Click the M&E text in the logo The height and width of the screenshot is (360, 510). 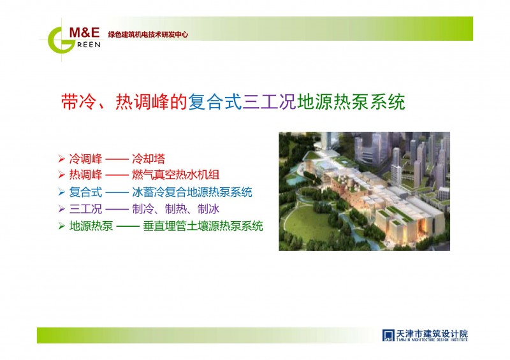pyautogui.click(x=84, y=32)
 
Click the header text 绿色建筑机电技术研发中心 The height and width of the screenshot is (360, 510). pyautogui.click(x=148, y=34)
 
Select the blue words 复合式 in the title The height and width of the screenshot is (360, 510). pyautogui.click(x=215, y=102)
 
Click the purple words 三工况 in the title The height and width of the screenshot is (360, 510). pyautogui.click(x=269, y=102)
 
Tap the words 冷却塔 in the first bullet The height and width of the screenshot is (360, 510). pyautogui.click(x=149, y=159)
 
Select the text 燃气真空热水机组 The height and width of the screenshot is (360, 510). pyautogui.click(x=176, y=175)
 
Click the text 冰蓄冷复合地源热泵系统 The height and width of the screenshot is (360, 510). pyautogui.click(x=192, y=192)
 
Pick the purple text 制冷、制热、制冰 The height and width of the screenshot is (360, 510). pyautogui.click(x=176, y=209)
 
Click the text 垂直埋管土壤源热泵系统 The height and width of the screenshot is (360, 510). pyautogui.click(x=203, y=226)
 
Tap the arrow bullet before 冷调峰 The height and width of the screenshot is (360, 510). pyautogui.click(x=61, y=159)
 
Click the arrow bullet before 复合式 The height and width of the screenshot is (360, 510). pyautogui.click(x=61, y=192)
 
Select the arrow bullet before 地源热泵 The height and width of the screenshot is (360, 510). pyautogui.click(x=61, y=226)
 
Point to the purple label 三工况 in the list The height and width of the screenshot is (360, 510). pyautogui.click(x=85, y=209)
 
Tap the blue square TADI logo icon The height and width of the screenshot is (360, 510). pyautogui.click(x=388, y=335)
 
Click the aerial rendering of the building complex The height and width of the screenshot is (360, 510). pyautogui.click(x=364, y=191)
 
